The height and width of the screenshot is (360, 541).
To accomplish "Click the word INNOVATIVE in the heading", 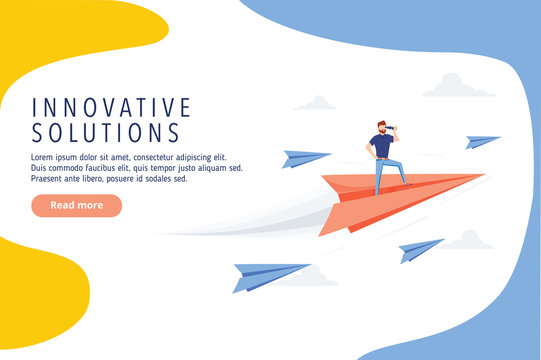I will [x=111, y=107].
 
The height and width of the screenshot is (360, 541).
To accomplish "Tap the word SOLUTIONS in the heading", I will [x=106, y=133].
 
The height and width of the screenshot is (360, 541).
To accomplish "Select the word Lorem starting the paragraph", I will [x=45, y=157].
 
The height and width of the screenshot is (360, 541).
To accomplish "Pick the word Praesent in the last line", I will [x=51, y=179].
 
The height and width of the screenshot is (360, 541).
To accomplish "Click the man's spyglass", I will [x=394, y=128].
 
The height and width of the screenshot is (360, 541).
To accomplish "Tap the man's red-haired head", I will [x=382, y=127].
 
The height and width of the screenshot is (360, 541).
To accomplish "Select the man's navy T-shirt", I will [x=381, y=146].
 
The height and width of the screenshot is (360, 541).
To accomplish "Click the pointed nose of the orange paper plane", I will [x=481, y=176].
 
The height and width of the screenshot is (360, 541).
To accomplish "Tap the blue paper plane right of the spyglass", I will [x=482, y=141].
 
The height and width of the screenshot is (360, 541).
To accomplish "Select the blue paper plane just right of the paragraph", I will [x=303, y=158].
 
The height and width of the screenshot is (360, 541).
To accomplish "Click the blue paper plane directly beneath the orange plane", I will [x=420, y=249].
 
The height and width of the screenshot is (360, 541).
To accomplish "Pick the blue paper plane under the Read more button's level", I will [x=268, y=274].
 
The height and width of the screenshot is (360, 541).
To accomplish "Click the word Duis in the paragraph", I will [x=42, y=168].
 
